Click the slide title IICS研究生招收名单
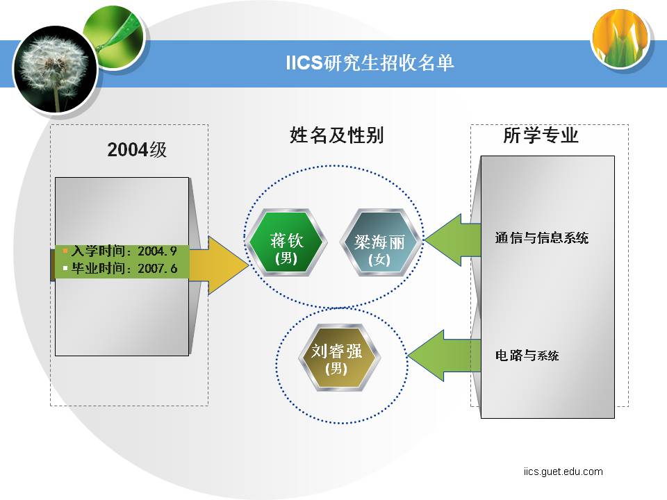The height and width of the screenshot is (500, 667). pos(370,63)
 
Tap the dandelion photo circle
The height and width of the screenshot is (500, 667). pos(56,69)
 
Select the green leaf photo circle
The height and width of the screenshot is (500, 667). pos(113,37)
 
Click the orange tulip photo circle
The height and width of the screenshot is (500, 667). pos(620,38)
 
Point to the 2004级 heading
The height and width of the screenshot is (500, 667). pos(137,150)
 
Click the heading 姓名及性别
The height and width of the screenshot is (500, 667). pos(336,135)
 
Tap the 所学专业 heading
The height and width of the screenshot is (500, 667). pos(541,135)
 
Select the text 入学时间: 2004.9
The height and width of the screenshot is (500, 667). pos(124,251)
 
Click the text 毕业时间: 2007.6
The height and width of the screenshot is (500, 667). pos(124,268)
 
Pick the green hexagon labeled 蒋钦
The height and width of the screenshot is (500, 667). pos(286,242)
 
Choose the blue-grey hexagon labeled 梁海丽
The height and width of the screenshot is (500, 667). pos(379,242)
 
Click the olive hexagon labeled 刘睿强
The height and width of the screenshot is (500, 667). pos(337,358)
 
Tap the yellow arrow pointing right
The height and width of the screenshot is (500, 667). pos(220,265)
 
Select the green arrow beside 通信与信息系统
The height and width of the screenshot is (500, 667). pos(452,240)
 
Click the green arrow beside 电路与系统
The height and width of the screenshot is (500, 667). pos(444,356)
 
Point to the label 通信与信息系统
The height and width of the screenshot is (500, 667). pos(541,237)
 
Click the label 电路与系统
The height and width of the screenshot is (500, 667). pos(527,355)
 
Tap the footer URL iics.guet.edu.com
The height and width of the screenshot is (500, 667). pos(563,472)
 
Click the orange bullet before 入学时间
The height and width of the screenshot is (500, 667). pos(65,251)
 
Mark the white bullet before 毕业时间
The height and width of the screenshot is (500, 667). pos(65,268)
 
